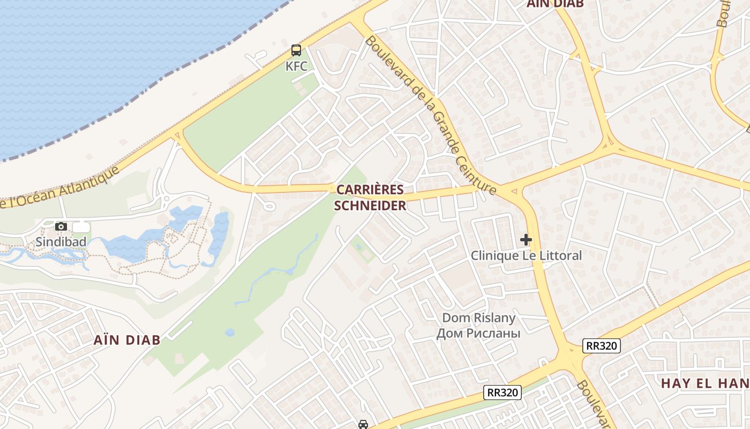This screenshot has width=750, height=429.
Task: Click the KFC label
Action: click(x=296, y=66)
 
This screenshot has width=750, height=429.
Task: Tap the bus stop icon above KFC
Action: click(x=296, y=50)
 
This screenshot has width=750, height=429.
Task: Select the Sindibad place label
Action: click(x=61, y=242)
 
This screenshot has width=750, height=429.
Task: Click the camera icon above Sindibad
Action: click(x=61, y=227)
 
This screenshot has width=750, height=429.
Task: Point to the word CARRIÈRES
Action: click(x=370, y=190)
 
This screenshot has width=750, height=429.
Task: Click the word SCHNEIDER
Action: click(x=370, y=206)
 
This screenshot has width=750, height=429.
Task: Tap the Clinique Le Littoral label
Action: click(x=526, y=256)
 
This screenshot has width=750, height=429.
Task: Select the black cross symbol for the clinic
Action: click(x=526, y=240)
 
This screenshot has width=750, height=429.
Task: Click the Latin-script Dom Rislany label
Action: click(x=478, y=318)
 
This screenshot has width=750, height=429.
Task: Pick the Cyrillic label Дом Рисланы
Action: click(x=478, y=334)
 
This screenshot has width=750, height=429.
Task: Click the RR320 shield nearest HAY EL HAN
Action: click(x=602, y=346)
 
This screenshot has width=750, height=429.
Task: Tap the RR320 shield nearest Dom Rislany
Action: click(x=502, y=393)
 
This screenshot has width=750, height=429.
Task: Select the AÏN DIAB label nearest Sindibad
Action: click(x=127, y=340)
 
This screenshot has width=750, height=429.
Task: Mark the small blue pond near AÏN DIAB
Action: click(x=230, y=332)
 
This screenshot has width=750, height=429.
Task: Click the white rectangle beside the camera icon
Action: click(x=81, y=227)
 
